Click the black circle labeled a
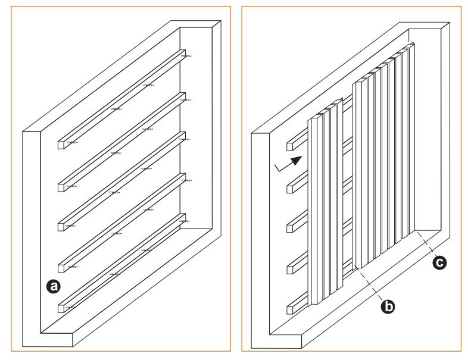pyautogui.click(x=54, y=286)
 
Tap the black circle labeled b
pyautogui.click(x=388, y=306)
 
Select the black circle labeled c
pyautogui.click(x=439, y=262)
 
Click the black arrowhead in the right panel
pyautogui.click(x=297, y=160)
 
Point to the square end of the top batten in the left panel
pyautogui.click(x=61, y=145)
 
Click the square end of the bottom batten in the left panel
pyautogui.click(x=61, y=308)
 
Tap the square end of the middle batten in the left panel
pyautogui.click(x=61, y=227)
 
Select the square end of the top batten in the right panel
pyautogui.click(x=290, y=146)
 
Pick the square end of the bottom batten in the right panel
pyautogui.click(x=290, y=310)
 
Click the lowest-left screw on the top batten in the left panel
pyautogui.click(x=72, y=143)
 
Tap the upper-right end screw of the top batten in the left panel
pyautogui.click(x=186, y=56)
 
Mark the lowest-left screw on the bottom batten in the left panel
pyautogui.click(x=70, y=307)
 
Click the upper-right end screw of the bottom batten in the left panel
pyautogui.click(x=185, y=221)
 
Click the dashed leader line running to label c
pyautogui.click(x=426, y=243)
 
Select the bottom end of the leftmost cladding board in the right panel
pyautogui.click(x=314, y=303)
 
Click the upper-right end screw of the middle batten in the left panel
pyautogui.click(x=185, y=139)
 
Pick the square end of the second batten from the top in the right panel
pyautogui.click(x=290, y=189)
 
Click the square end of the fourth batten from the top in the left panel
pyautogui.click(x=61, y=268)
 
